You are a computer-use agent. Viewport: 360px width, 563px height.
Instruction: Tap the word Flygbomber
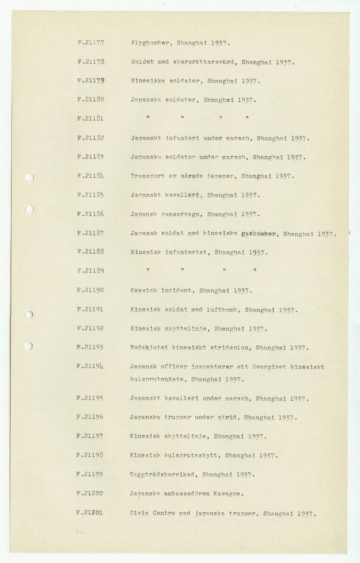(x=148, y=43)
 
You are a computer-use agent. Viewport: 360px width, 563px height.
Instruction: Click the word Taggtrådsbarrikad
(x=163, y=474)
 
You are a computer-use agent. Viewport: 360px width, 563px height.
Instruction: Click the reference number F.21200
(x=91, y=494)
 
